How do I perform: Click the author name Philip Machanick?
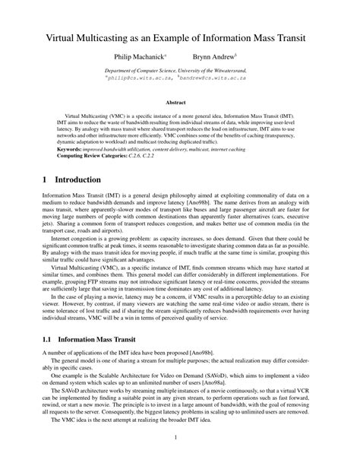click(x=140, y=57)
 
